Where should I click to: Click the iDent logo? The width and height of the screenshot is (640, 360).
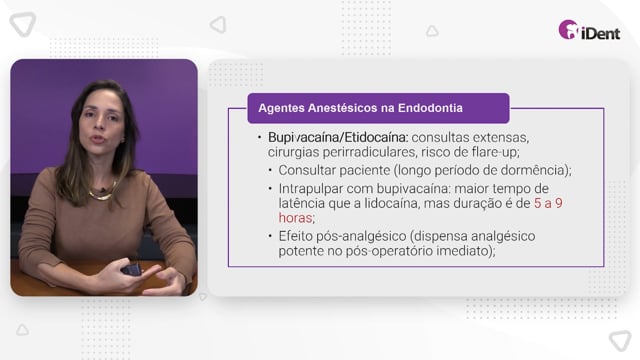(x=589, y=30)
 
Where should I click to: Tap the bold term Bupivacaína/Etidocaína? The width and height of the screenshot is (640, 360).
(x=338, y=138)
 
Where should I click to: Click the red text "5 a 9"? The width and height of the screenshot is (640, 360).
(x=548, y=203)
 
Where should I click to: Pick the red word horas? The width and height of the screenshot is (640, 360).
(x=296, y=218)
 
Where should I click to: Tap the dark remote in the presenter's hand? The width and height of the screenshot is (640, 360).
(x=132, y=270)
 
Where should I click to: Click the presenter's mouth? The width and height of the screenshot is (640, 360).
(x=98, y=139)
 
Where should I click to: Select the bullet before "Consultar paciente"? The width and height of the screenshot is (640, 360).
(x=270, y=170)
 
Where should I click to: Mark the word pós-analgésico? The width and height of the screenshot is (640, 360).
(x=361, y=237)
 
